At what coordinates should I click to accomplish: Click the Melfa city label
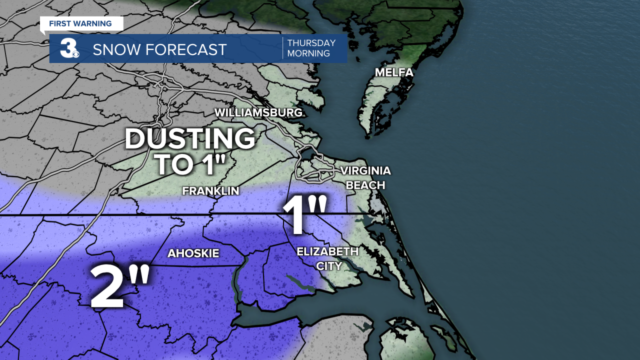pos(394,73)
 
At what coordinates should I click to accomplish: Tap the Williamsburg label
pos(258,112)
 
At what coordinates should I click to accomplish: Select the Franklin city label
pos(210,191)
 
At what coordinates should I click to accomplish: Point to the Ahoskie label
pos(193,253)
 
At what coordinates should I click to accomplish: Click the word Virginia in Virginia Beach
pos(365,171)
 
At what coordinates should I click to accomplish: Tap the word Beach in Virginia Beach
pos(365,185)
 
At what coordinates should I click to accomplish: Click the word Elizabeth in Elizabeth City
pos(327,251)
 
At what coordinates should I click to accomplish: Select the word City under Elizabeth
pos(328,266)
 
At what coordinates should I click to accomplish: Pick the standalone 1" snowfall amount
pos(305,216)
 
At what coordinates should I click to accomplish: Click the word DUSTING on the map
pos(190,139)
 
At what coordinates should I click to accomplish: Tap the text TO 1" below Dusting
pos(190,165)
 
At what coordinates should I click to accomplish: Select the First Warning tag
pos(80,23)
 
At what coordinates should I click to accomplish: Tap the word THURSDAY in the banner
pos(311,43)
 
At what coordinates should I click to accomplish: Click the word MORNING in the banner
pos(308,53)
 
